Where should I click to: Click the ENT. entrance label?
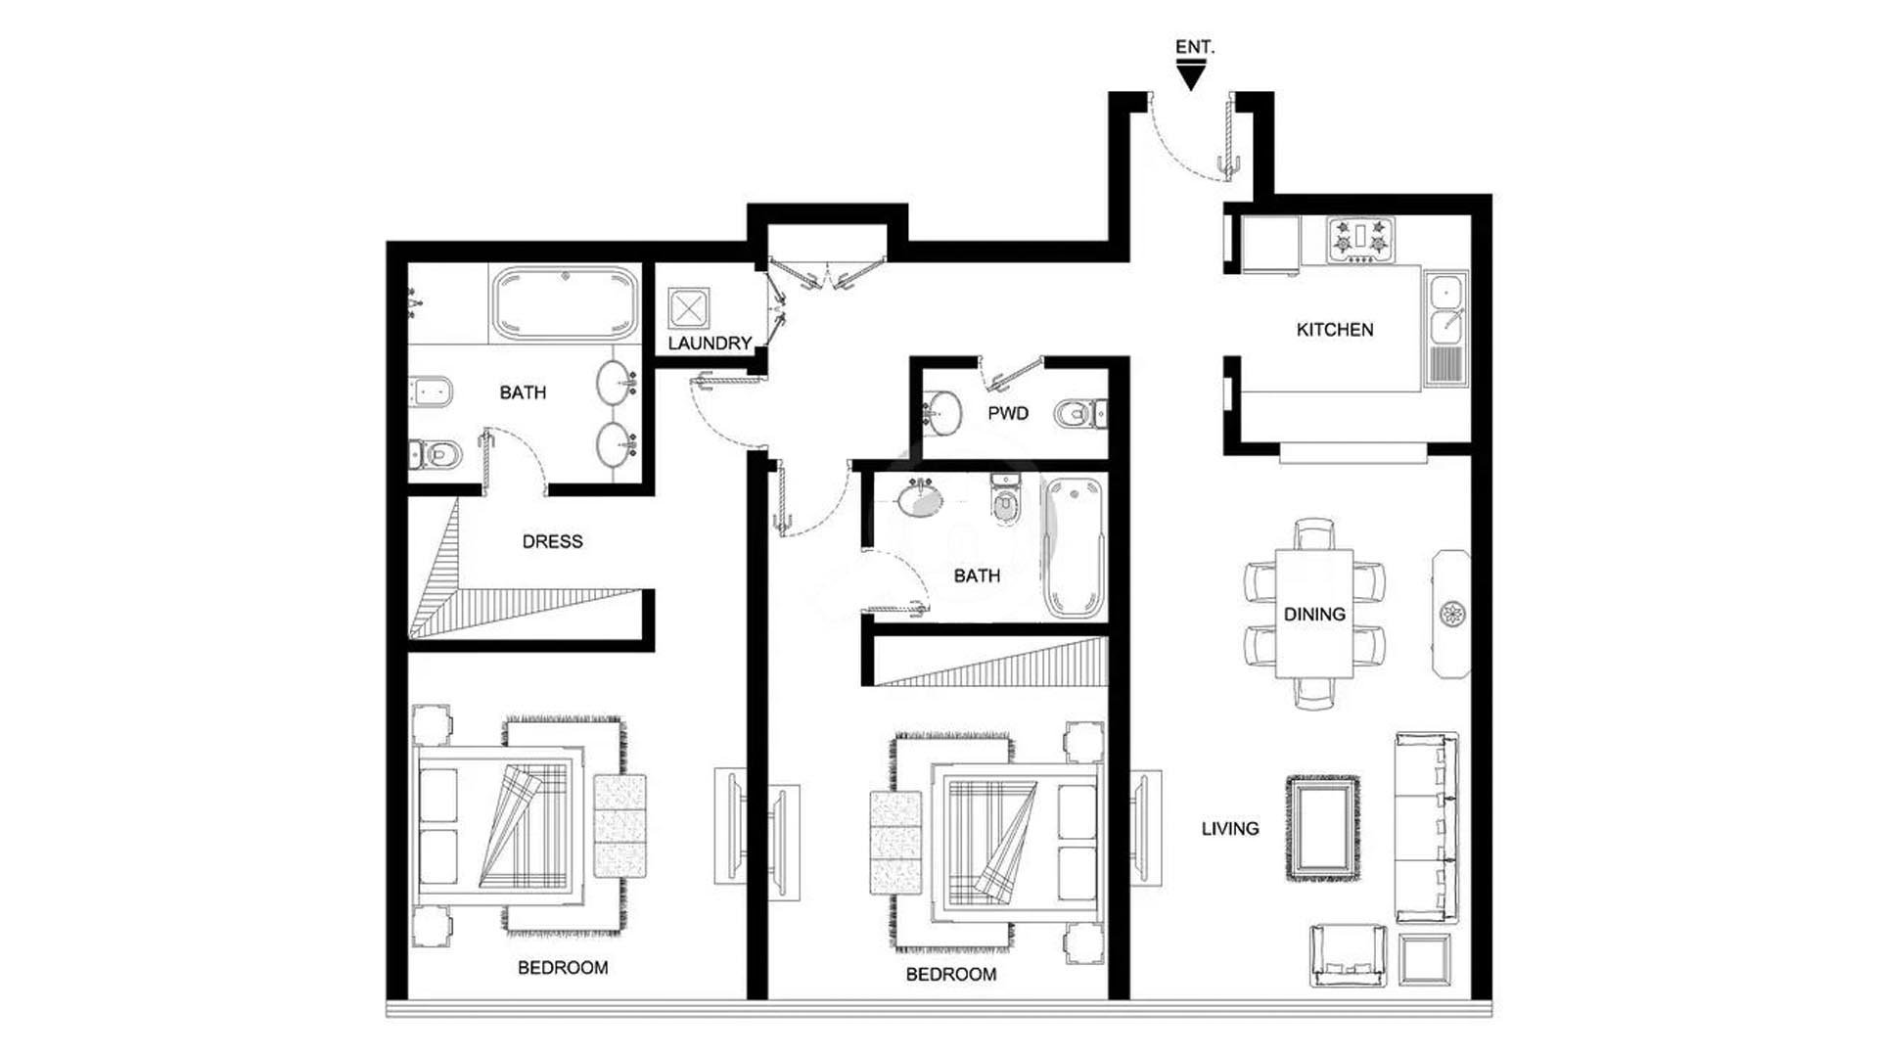click(1194, 47)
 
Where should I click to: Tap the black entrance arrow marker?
click(1191, 75)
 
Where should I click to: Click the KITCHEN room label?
click(1335, 330)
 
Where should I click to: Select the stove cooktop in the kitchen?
click(1360, 240)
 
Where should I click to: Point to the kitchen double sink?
click(1445, 329)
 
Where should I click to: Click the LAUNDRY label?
click(710, 344)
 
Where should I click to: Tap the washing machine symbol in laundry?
click(689, 308)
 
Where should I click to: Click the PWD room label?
click(1007, 413)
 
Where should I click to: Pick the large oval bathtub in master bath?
click(565, 303)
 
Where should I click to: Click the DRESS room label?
click(552, 541)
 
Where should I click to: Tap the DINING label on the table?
click(1314, 615)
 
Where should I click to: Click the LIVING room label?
click(1230, 829)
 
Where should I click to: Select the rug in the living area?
click(1322, 828)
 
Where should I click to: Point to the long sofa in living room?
click(1427, 828)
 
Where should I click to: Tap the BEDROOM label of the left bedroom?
click(563, 968)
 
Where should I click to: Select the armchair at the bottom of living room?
click(1348, 955)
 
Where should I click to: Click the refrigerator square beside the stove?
click(1270, 245)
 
